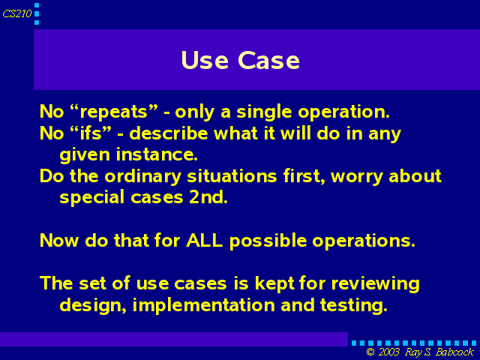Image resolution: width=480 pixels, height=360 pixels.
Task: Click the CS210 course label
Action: click(x=17, y=13)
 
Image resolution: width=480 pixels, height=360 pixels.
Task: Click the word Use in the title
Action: click(x=205, y=60)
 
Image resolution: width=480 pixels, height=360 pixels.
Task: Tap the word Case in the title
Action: click(x=268, y=60)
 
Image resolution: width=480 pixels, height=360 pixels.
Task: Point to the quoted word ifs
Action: click(x=91, y=133)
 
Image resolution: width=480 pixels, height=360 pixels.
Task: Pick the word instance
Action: click(x=157, y=154)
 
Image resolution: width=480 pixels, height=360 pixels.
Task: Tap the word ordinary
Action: click(x=143, y=177)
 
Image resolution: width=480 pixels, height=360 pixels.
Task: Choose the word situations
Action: click(x=232, y=176)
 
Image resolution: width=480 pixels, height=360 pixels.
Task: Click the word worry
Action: click(x=357, y=177)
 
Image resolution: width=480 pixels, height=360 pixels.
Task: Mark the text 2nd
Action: click(x=208, y=196)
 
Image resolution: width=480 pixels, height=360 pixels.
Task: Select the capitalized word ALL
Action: click(x=204, y=240)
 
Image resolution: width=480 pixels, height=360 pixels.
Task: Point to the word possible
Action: click(x=268, y=241)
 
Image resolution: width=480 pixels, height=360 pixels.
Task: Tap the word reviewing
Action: click(x=375, y=284)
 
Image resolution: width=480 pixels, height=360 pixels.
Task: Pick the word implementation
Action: click(x=203, y=305)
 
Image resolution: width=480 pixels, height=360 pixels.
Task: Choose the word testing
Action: click(x=353, y=305)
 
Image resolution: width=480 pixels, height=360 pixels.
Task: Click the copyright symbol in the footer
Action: click(x=370, y=352)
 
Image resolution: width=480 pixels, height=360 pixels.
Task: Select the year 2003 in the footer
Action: click(x=389, y=352)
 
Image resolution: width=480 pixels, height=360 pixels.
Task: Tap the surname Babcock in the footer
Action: click(x=454, y=352)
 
